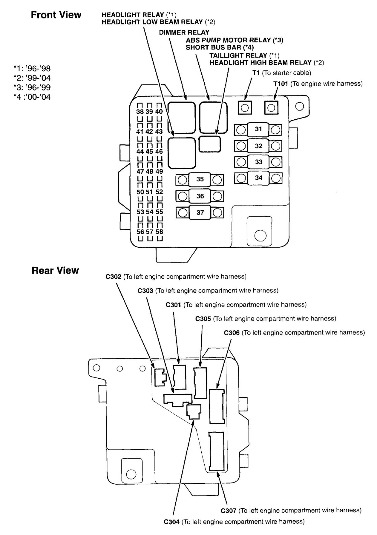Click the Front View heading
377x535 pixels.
click(56, 15)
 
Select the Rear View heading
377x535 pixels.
click(55, 270)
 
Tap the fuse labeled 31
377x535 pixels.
click(258, 129)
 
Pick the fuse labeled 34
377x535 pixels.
click(258, 178)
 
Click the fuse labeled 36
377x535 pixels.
click(200, 196)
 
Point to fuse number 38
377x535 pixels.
click(140, 112)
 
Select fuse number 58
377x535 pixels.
click(159, 232)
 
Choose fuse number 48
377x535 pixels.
click(149, 172)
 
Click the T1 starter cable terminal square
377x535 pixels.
click(245, 107)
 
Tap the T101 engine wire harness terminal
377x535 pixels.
click(271, 107)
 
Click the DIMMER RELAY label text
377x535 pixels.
click(184, 32)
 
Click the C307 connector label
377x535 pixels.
click(229, 511)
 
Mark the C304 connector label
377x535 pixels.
click(171, 522)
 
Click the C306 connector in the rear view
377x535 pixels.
click(217, 406)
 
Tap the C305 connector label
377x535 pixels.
click(203, 319)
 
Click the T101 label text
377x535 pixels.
click(281, 84)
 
